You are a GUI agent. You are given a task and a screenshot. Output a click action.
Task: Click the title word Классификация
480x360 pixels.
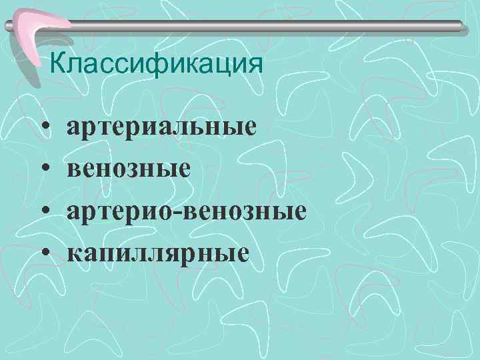tap(157, 65)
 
